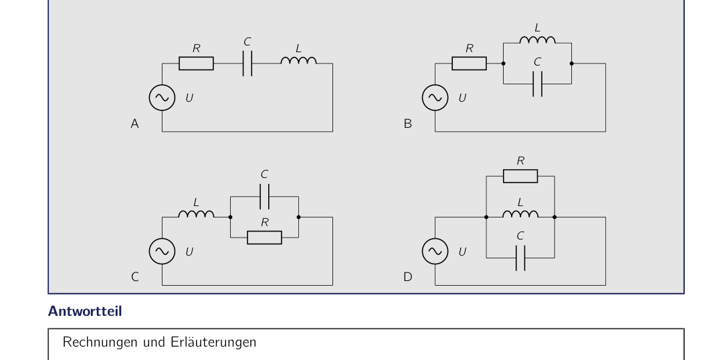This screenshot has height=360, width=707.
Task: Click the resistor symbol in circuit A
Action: (196, 64)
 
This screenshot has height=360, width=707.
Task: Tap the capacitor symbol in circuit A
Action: (247, 64)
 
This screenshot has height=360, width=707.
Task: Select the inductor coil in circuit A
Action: (298, 60)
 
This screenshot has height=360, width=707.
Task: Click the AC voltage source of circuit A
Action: (163, 98)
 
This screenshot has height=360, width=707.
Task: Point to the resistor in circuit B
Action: (470, 64)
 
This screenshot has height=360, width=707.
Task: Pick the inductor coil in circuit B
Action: (538, 39)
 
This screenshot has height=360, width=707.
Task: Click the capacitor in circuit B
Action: (538, 84)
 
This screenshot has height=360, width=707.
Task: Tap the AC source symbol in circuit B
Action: (435, 98)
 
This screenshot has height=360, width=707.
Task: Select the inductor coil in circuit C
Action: (196, 214)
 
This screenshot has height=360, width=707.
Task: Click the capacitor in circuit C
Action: (265, 197)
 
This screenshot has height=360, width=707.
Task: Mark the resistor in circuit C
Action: (265, 238)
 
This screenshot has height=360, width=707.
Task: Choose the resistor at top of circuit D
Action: (520, 176)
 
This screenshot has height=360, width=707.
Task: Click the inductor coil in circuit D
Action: (520, 214)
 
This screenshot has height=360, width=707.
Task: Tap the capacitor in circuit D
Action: (520, 258)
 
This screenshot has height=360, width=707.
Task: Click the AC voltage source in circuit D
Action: (435, 252)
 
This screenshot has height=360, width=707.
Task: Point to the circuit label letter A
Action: (134, 124)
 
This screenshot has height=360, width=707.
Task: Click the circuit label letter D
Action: (407, 277)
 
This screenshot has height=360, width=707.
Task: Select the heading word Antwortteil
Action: (85, 311)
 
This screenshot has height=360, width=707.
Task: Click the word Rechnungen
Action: (101, 342)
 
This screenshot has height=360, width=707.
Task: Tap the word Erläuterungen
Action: (213, 342)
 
